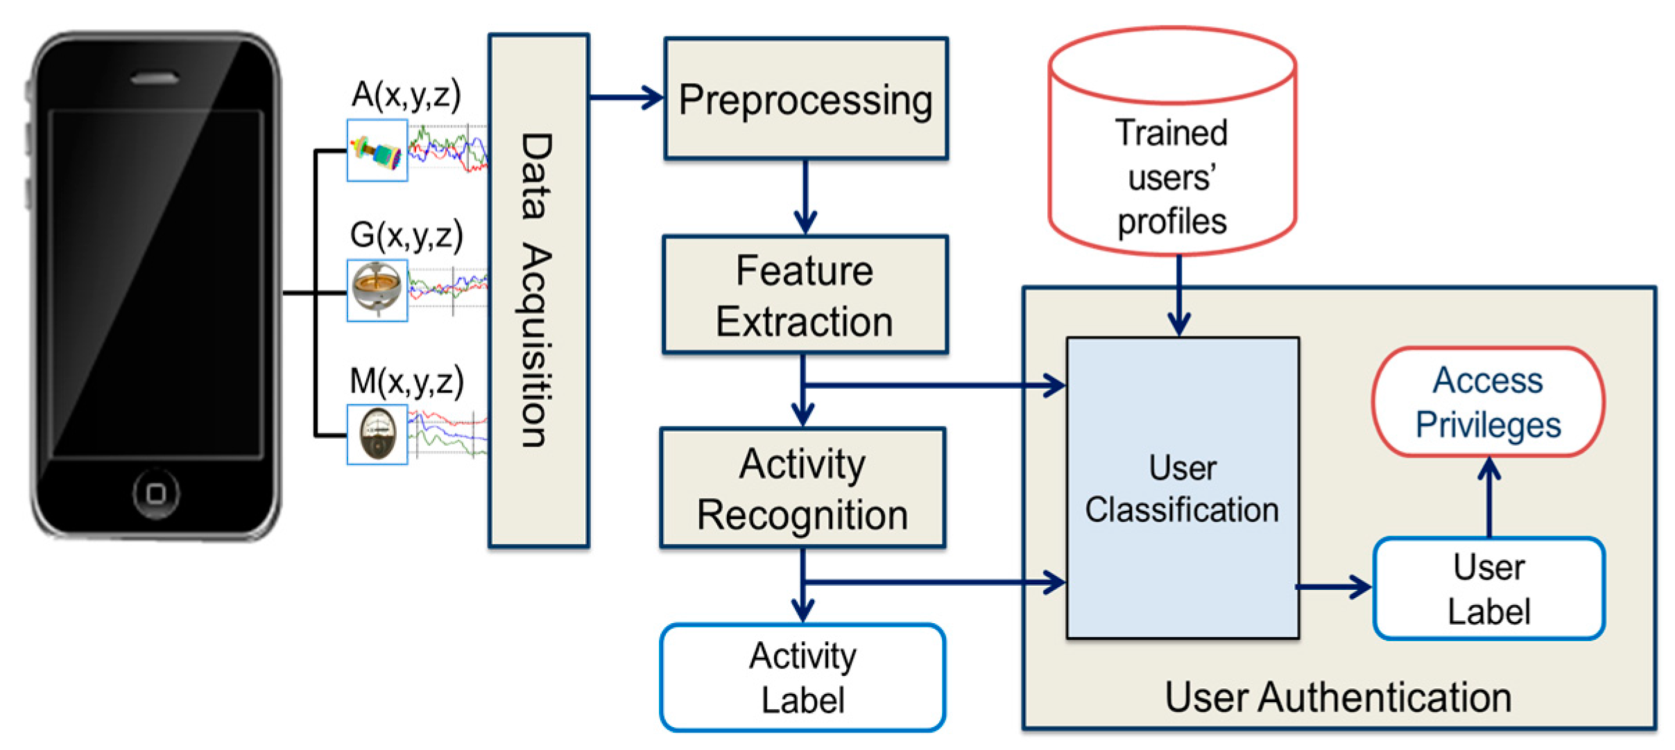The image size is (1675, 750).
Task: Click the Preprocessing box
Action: click(806, 98)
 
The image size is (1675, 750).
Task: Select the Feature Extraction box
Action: click(805, 295)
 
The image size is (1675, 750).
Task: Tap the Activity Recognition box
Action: click(803, 488)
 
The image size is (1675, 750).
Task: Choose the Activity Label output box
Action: click(803, 677)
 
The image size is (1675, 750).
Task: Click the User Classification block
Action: click(1183, 488)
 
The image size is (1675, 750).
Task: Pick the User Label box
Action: click(1489, 588)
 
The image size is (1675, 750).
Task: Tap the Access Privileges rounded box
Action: click(1488, 402)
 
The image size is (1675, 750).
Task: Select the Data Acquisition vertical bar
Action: click(539, 290)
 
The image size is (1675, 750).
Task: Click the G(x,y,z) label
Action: click(406, 235)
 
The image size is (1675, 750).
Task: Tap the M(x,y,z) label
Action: click(406, 381)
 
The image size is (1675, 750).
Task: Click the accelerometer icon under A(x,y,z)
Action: click(377, 150)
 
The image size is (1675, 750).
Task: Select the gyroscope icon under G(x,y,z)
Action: click(377, 290)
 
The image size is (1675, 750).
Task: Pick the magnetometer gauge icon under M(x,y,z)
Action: click(377, 435)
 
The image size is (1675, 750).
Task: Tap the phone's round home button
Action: click(156, 494)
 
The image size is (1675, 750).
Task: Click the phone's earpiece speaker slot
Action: click(155, 78)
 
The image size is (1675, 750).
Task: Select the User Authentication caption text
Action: click(1339, 697)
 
